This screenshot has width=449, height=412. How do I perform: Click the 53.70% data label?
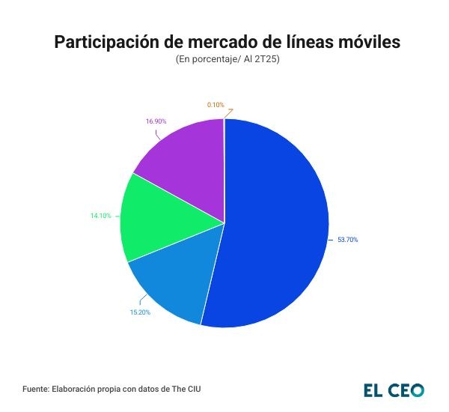pos(347,240)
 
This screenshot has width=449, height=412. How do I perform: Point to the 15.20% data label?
pos(140,312)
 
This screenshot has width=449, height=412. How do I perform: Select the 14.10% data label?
pos(101,216)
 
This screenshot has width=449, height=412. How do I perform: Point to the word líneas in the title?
pos(305,43)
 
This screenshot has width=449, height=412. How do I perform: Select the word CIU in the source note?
pos(192,390)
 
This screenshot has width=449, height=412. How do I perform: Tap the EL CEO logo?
pos(394,390)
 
